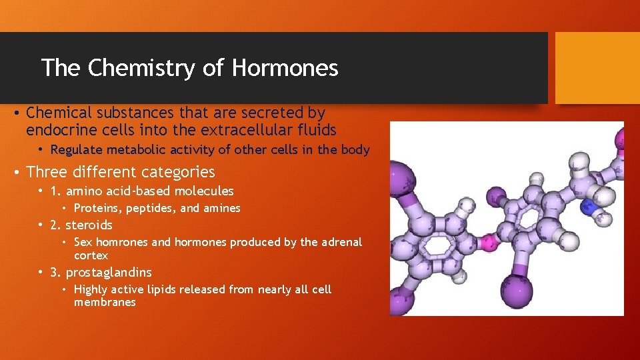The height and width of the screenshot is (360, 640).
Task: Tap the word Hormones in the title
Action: coord(285,67)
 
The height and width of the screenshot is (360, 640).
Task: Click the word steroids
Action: coord(89,225)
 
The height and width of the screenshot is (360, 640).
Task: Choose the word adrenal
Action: coord(341,242)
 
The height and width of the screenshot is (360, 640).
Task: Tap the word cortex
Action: coord(91,256)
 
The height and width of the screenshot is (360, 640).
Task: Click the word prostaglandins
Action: coord(109,273)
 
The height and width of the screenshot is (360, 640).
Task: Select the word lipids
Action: coord(157,289)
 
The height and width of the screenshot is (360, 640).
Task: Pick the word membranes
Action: coord(105,303)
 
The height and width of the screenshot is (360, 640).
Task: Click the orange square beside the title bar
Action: coord(597,68)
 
